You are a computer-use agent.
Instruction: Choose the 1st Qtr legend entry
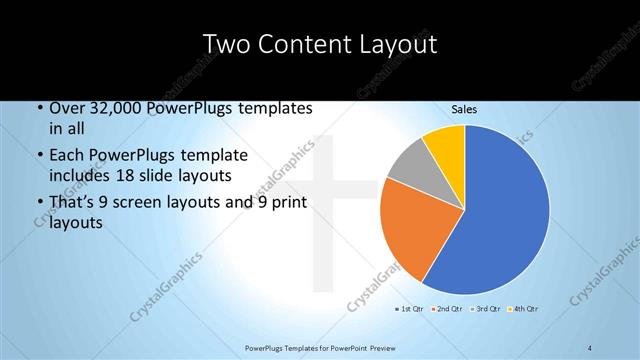tap(410, 308)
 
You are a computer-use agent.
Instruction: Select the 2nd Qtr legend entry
tap(448, 308)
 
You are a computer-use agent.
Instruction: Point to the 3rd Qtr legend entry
tap(487, 308)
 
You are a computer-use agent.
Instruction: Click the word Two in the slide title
tap(226, 44)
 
